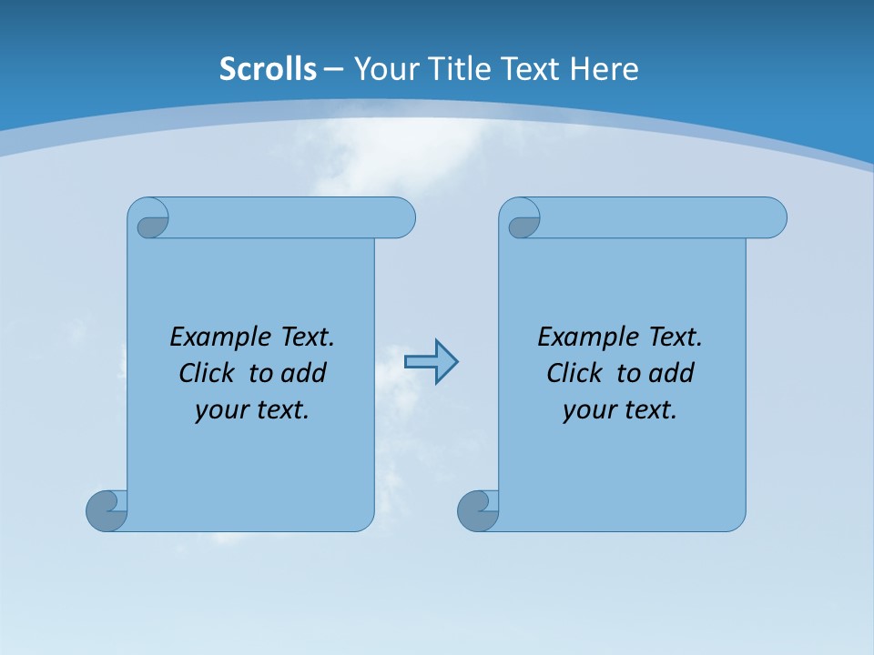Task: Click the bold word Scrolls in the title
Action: point(268,69)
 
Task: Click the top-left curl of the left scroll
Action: point(151,220)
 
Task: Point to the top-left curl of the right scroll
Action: point(523,221)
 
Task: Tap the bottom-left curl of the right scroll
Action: point(476,510)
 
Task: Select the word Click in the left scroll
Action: point(208,373)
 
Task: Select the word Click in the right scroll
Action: point(576,373)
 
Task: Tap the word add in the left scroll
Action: point(304,373)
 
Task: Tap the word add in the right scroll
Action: point(672,373)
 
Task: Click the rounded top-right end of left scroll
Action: point(401,217)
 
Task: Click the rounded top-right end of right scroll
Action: point(772,217)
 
